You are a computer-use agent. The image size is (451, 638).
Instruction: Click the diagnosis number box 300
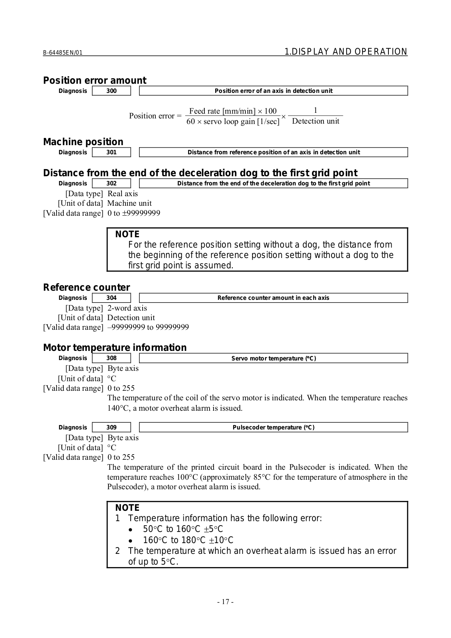(x=112, y=91)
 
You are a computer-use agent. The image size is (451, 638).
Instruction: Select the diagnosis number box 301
(x=112, y=152)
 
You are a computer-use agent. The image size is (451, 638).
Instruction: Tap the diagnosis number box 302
(x=112, y=183)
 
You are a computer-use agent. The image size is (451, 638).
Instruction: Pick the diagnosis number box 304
(x=112, y=298)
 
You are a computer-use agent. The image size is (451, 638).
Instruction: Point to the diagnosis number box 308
(x=112, y=358)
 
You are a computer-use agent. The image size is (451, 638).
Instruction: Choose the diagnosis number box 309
(x=112, y=427)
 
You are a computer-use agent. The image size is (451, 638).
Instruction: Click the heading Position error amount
(x=94, y=81)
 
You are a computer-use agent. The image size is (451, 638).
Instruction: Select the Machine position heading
(x=83, y=142)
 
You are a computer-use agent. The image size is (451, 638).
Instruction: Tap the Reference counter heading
(x=86, y=287)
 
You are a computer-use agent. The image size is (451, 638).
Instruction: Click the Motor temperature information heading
(x=115, y=348)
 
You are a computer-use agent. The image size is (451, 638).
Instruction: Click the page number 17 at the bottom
(x=225, y=602)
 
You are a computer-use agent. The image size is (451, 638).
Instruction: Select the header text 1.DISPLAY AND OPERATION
(x=346, y=52)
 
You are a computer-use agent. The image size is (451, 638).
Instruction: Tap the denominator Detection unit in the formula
(x=316, y=121)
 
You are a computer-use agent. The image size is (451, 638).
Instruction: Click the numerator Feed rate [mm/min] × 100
(x=233, y=111)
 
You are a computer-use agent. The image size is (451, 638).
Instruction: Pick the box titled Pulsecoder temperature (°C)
(x=273, y=427)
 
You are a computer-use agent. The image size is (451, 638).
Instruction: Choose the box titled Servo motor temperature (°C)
(x=273, y=358)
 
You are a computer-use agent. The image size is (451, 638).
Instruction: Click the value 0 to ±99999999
(x=134, y=213)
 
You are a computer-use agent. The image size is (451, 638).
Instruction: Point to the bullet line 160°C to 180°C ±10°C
(x=188, y=540)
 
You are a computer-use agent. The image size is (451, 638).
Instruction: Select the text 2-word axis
(x=127, y=308)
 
